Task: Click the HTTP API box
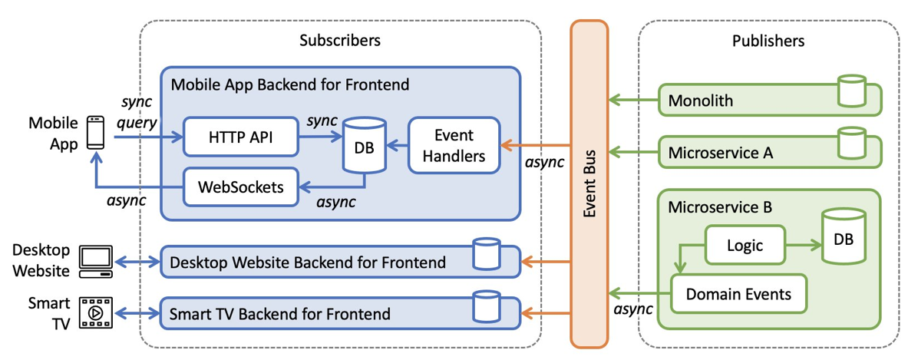239,138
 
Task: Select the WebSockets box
239,186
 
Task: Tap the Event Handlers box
454,146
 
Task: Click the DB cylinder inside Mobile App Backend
364,146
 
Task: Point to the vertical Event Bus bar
589,184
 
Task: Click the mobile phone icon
95,134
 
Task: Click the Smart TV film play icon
96,313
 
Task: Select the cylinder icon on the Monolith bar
852,91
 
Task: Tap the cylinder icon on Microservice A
852,144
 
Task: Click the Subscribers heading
339,40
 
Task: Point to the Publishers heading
768,40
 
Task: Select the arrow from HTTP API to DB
319,138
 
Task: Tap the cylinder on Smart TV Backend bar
487,306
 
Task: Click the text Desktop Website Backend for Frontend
308,263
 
